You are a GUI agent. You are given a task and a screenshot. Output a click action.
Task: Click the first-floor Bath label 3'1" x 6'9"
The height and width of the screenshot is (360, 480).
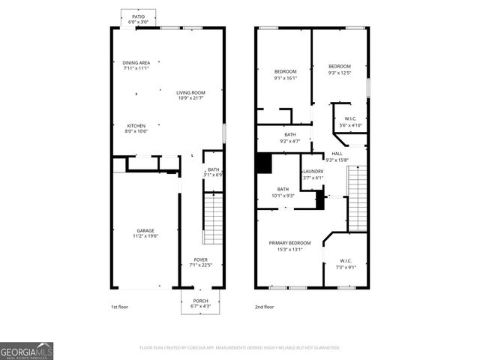pyautogui.click(x=213, y=172)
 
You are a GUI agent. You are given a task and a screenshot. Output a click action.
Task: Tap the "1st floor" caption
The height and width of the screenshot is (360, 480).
pyautogui.click(x=121, y=307)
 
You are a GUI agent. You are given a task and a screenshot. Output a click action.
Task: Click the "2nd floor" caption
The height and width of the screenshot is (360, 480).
pyautogui.click(x=264, y=307)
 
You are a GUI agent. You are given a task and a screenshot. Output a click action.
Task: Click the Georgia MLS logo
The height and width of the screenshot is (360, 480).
pyautogui.click(x=27, y=350)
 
